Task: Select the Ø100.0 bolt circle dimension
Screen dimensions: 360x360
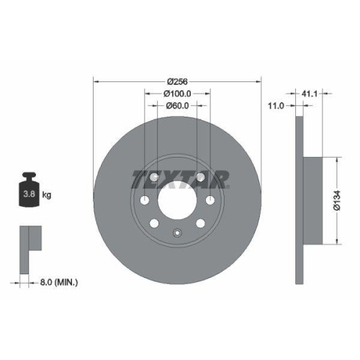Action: [x=176, y=93]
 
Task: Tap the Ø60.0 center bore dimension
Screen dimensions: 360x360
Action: [x=176, y=106]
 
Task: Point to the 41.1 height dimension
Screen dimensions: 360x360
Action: [x=310, y=93]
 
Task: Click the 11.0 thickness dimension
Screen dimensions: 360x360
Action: [x=276, y=106]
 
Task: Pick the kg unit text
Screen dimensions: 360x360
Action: [x=47, y=194]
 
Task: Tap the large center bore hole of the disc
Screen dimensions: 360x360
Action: [x=176, y=199]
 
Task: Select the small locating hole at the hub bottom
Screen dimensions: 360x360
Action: [x=177, y=232]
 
